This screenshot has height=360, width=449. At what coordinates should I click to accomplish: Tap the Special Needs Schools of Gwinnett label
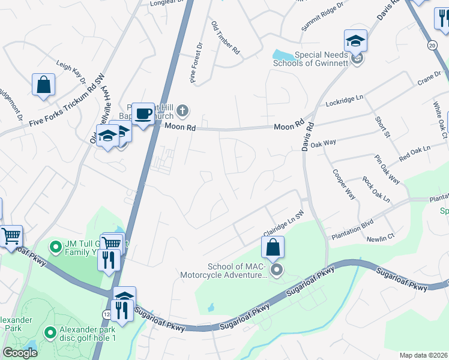click(x=310, y=58)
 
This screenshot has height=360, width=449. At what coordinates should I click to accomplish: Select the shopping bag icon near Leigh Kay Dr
click(x=44, y=85)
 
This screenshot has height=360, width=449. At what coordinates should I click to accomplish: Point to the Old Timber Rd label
click(x=226, y=38)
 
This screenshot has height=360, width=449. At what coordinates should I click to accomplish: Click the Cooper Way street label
click(x=343, y=184)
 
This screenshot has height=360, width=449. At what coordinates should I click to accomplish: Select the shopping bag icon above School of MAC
click(x=273, y=247)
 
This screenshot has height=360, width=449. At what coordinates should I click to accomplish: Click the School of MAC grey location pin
click(x=276, y=271)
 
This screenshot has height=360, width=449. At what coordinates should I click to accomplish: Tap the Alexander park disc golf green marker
click(x=50, y=331)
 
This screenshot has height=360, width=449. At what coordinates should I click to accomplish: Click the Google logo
click(x=20, y=353)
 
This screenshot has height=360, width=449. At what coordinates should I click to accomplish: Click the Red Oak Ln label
click(x=415, y=154)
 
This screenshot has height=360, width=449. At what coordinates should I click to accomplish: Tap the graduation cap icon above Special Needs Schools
click(x=355, y=41)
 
